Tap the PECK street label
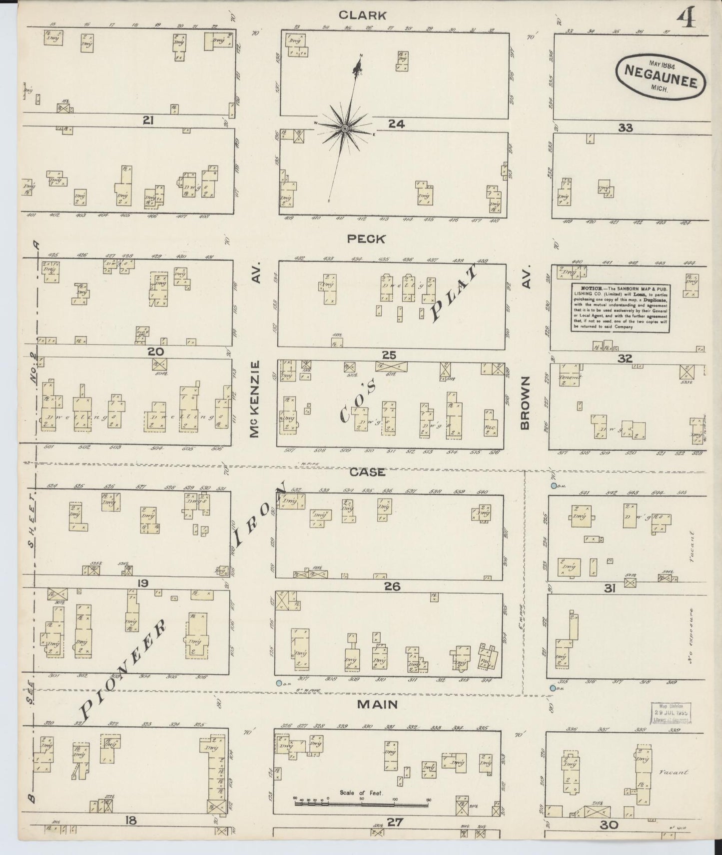(x=366, y=239)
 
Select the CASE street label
(x=367, y=471)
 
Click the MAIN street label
(x=377, y=704)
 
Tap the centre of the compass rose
(x=345, y=129)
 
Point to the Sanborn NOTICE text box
(x=621, y=307)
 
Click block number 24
(x=396, y=123)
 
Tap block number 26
(x=392, y=585)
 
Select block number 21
(x=147, y=120)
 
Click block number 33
(x=625, y=127)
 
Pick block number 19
(x=143, y=582)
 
